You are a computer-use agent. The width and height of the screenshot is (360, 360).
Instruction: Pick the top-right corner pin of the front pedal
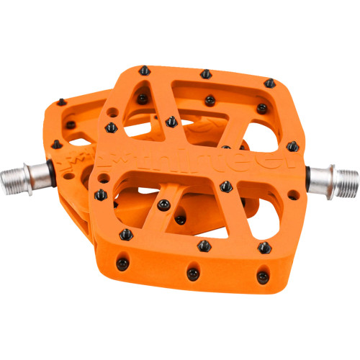click(x=269, y=83)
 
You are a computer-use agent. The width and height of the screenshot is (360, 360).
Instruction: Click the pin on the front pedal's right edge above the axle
click(x=292, y=146)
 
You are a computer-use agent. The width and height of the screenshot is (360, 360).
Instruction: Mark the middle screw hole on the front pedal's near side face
click(x=193, y=274)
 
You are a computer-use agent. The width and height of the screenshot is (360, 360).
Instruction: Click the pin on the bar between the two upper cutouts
click(x=209, y=99)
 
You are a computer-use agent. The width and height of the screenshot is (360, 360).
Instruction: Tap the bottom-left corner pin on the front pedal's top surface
click(x=127, y=233)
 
